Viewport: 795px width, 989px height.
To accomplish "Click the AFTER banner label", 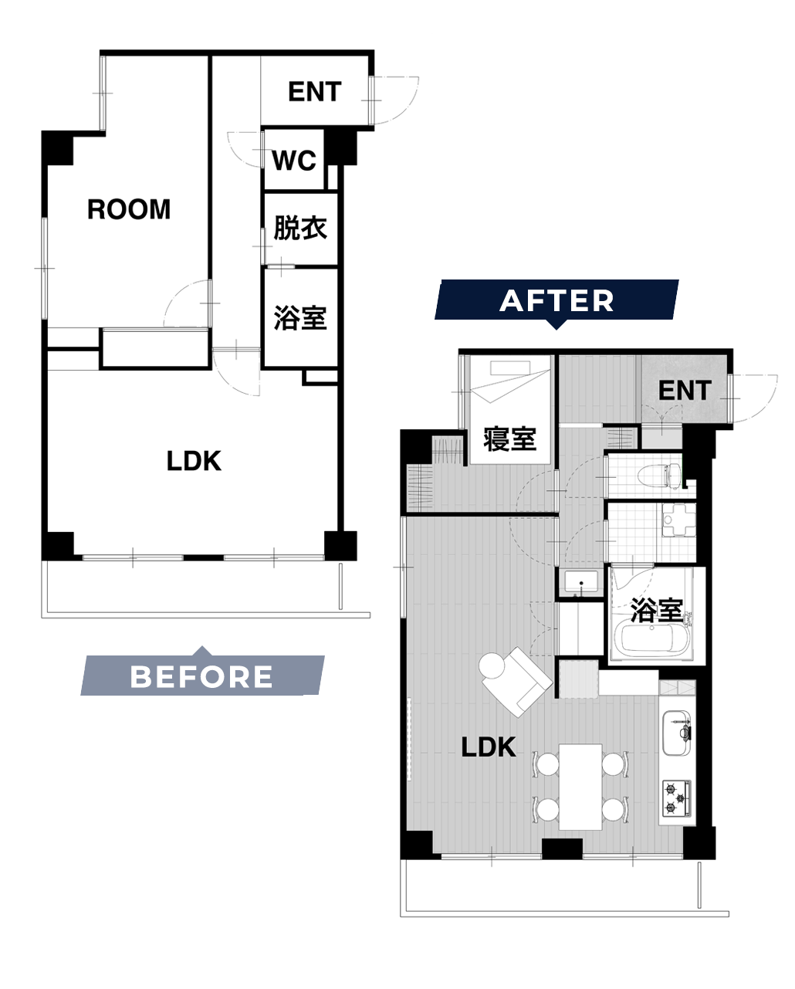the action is [x=556, y=301].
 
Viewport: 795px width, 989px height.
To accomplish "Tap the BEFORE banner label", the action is [x=201, y=676].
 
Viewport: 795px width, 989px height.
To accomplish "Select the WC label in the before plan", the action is [x=294, y=161].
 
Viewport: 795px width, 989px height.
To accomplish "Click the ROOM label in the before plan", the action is [x=129, y=209].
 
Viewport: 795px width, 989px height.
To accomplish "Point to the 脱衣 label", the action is [x=300, y=228].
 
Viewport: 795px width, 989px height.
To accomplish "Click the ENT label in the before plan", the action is [x=315, y=92].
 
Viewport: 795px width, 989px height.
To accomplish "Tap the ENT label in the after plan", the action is [x=685, y=391].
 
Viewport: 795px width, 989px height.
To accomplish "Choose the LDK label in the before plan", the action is [x=194, y=461].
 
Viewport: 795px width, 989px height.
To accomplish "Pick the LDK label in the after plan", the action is [x=489, y=747].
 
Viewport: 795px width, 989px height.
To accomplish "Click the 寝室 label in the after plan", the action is [x=509, y=439].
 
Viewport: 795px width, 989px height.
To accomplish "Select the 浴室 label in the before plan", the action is [x=300, y=317].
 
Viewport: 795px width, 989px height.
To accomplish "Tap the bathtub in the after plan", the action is [x=654, y=639].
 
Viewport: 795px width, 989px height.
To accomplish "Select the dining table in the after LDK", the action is [x=580, y=787].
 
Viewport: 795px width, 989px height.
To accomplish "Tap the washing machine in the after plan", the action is [x=678, y=520].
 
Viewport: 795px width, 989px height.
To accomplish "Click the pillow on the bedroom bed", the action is [x=510, y=367].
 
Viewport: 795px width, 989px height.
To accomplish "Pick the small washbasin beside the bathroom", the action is [x=581, y=582].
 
